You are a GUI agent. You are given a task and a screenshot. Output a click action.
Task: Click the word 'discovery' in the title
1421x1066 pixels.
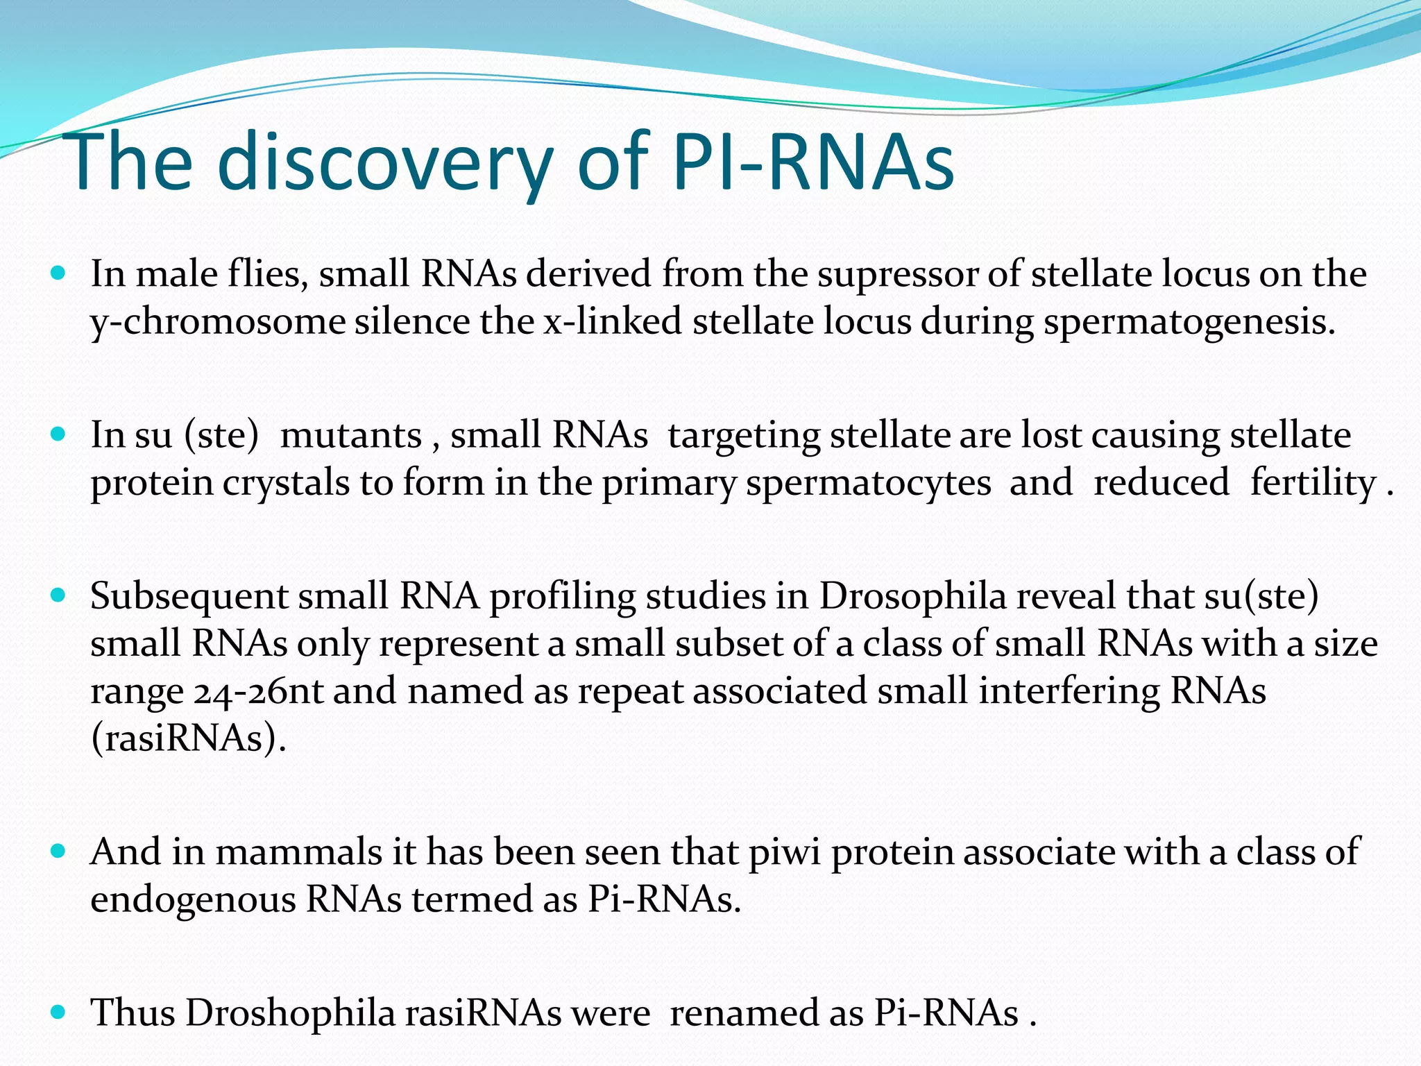click(385, 163)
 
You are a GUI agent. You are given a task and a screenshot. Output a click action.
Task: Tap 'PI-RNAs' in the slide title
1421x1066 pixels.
click(813, 163)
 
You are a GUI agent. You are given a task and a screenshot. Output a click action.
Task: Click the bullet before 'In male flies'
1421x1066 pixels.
click(58, 273)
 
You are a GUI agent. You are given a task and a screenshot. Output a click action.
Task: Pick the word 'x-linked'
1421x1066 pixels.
click(613, 321)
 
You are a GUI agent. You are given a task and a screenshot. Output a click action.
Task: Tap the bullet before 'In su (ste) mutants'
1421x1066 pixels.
click(58, 434)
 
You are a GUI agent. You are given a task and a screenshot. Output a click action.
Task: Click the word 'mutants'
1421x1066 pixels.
click(351, 437)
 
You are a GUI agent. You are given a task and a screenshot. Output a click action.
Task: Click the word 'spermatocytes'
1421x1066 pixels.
click(868, 484)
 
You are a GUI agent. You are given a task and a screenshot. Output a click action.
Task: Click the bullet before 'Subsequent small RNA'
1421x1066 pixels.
click(58, 595)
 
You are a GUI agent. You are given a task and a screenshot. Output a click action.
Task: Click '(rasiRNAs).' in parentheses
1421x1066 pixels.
click(188, 738)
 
